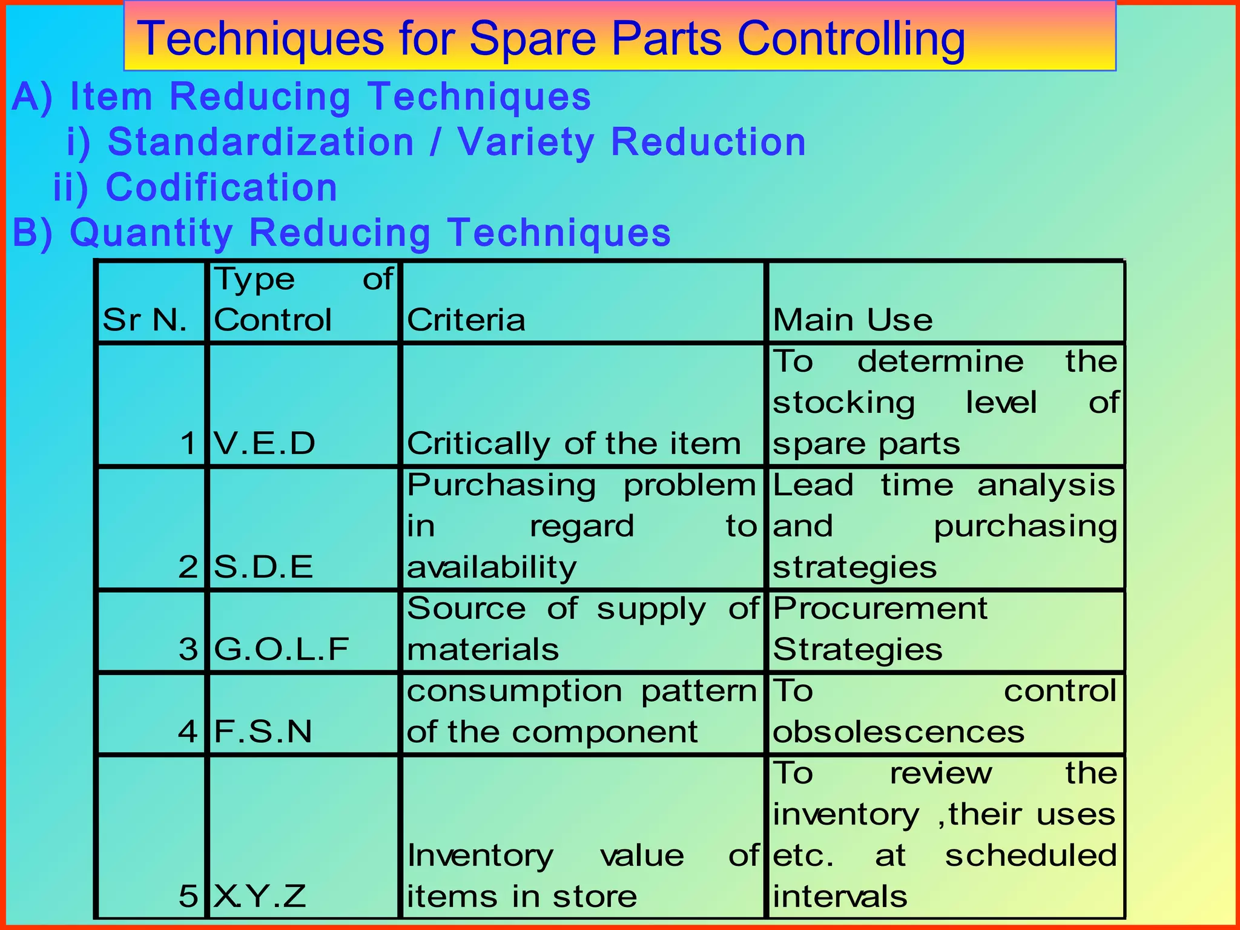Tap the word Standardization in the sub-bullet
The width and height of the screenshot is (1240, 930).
click(x=260, y=142)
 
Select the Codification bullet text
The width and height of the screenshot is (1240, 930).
click(x=221, y=187)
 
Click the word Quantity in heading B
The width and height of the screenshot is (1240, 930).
click(x=151, y=232)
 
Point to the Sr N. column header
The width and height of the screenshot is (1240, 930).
click(x=145, y=320)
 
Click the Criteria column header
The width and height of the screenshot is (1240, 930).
click(x=466, y=320)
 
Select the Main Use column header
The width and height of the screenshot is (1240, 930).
click(x=852, y=320)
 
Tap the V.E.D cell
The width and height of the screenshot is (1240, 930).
click(x=265, y=443)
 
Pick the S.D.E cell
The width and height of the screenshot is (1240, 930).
click(x=263, y=567)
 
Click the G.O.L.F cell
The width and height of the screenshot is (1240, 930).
click(x=282, y=649)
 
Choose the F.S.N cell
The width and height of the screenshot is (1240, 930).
click(x=263, y=731)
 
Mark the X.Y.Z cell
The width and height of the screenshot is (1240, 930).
click(x=260, y=896)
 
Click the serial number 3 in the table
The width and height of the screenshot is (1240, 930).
click(x=188, y=649)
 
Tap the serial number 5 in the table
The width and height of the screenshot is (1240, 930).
click(x=188, y=896)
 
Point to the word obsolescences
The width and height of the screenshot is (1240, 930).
click(x=899, y=731)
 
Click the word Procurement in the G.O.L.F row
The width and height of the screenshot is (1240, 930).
click(x=880, y=608)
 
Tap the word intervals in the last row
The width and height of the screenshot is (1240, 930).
click(x=840, y=896)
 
